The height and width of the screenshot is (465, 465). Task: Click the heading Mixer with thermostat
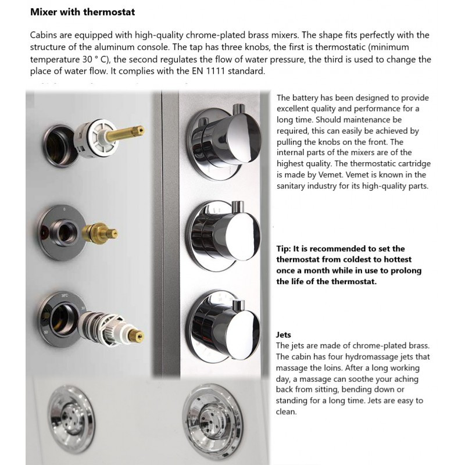83,12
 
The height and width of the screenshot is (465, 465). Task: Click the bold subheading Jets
284,335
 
